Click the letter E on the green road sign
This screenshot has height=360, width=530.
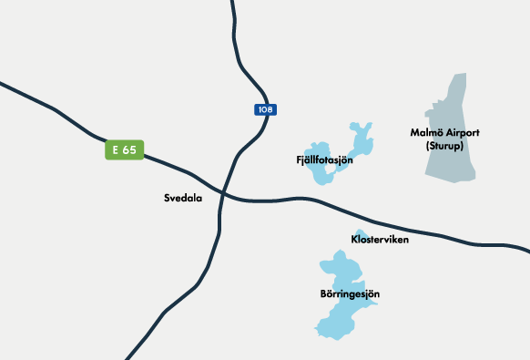(x=116, y=149)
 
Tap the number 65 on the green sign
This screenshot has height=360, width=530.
(x=129, y=149)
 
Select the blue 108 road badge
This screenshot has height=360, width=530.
(x=264, y=109)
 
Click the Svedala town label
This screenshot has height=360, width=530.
(x=183, y=197)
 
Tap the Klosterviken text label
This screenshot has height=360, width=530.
(x=380, y=240)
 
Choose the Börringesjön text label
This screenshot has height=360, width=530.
(x=350, y=294)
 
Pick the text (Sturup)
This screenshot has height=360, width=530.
(x=444, y=146)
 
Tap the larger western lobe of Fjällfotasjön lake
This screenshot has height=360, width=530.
(x=321, y=173)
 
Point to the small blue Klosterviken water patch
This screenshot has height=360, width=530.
(x=362, y=233)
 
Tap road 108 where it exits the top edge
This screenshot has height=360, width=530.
(x=233, y=3)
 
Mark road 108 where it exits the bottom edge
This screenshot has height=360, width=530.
(x=128, y=356)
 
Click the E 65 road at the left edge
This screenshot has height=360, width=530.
(x=3, y=85)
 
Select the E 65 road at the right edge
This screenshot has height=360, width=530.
(x=526, y=249)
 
